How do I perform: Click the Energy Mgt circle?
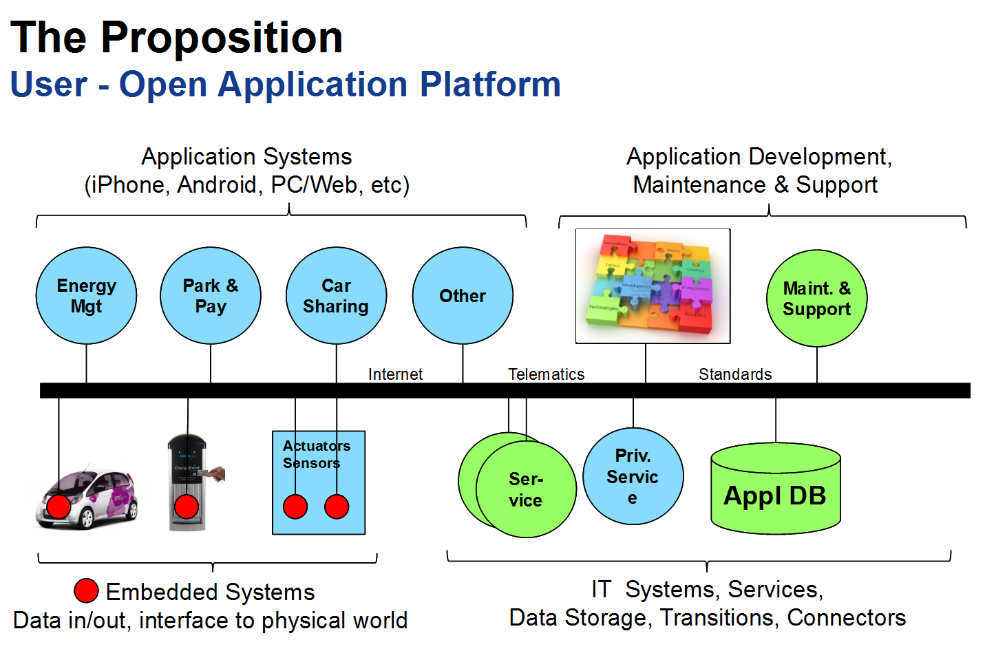point(86,296)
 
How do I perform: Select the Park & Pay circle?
point(211,296)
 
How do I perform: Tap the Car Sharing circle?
point(336,296)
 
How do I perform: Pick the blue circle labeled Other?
point(463,296)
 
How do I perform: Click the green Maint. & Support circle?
point(816,299)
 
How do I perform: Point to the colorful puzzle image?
point(653,286)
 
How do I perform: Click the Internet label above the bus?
point(395,374)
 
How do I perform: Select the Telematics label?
point(546,374)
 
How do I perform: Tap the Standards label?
point(735,374)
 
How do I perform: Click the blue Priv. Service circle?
point(633,476)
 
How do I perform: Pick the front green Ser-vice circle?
point(526,490)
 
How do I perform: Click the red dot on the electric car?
point(59,506)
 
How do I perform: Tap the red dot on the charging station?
point(187,507)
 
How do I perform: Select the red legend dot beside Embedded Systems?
point(86,590)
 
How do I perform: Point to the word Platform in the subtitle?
point(490,85)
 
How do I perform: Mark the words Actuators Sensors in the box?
point(316,455)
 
